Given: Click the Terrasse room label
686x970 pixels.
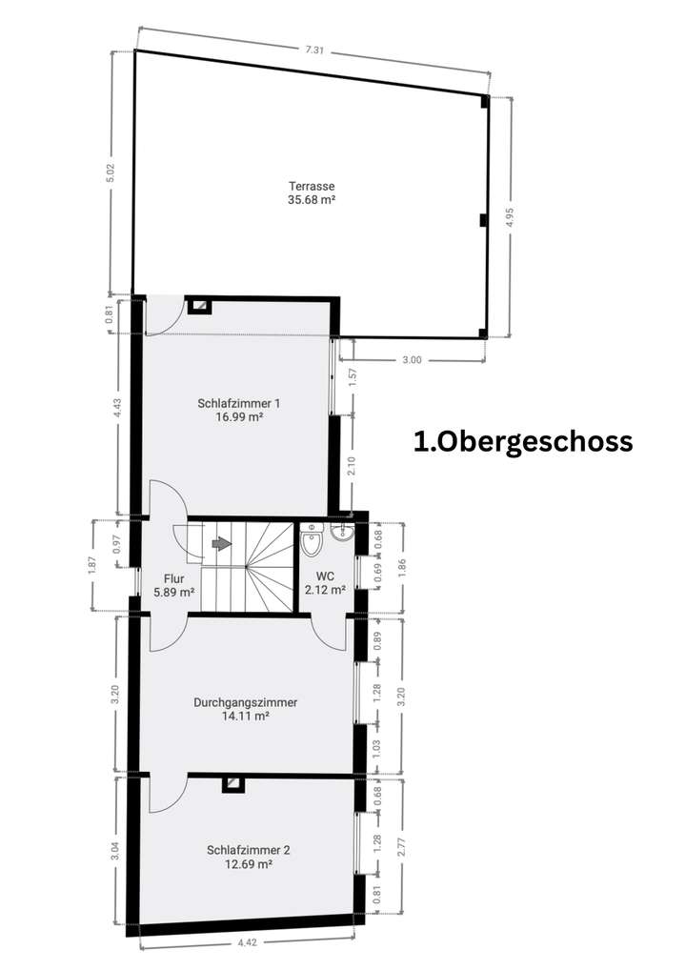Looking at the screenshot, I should [313, 187].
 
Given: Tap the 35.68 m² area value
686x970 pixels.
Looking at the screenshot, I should [313, 200].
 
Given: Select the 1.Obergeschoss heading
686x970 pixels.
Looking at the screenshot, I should [523, 442].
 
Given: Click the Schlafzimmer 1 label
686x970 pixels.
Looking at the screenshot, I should [239, 403].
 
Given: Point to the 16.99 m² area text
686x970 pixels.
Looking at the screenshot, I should [239, 416].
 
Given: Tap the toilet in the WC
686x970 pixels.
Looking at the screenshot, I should [311, 543].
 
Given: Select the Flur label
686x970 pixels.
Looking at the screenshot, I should [173, 578].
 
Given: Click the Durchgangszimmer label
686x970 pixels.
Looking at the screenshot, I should [245, 702].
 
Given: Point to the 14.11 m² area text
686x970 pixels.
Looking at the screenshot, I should [245, 717].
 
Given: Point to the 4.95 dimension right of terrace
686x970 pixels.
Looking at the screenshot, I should [510, 215].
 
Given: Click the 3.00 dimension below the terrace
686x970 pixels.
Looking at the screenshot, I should [412, 360].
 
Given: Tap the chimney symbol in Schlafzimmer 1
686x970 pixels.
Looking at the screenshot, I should [200, 305].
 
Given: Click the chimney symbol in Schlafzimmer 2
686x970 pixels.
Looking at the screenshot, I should [232, 783].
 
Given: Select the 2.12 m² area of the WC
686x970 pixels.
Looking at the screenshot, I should [324, 591].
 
